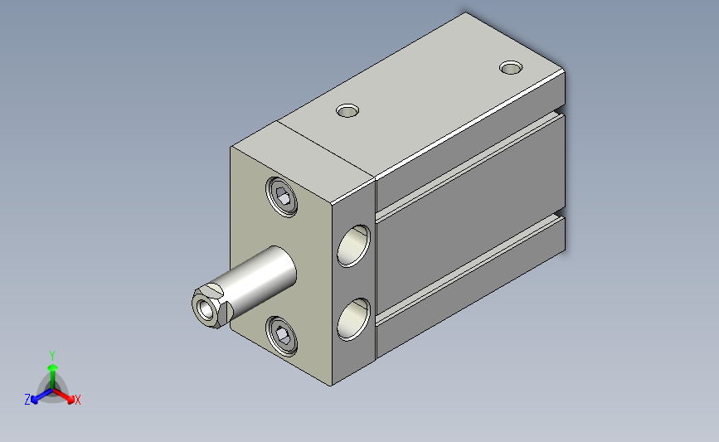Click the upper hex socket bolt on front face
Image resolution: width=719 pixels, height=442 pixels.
pyautogui.click(x=282, y=197)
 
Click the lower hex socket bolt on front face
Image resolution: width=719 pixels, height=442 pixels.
pyautogui.click(x=282, y=336)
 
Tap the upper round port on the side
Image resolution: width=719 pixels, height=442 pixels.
pyautogui.click(x=353, y=245)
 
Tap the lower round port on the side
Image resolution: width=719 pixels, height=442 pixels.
pyautogui.click(x=353, y=319)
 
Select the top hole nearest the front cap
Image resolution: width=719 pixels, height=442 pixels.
pyautogui.click(x=347, y=110)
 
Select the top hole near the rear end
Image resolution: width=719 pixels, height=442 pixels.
pyautogui.click(x=511, y=68)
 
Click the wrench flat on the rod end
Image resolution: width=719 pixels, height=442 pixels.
pyautogui.click(x=214, y=289)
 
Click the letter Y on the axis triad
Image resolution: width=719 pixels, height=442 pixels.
pyautogui.click(x=52, y=356)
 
